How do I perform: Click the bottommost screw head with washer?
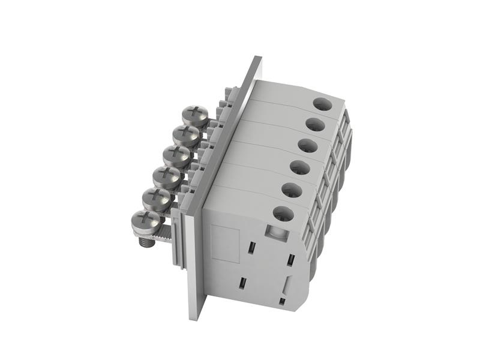pos(145,220)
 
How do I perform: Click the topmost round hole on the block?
pos(323,104)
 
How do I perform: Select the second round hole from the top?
pos(314,125)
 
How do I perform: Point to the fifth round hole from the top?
pos(292,190)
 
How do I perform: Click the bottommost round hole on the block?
pos(283,213)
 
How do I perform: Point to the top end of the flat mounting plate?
pos(257,59)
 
